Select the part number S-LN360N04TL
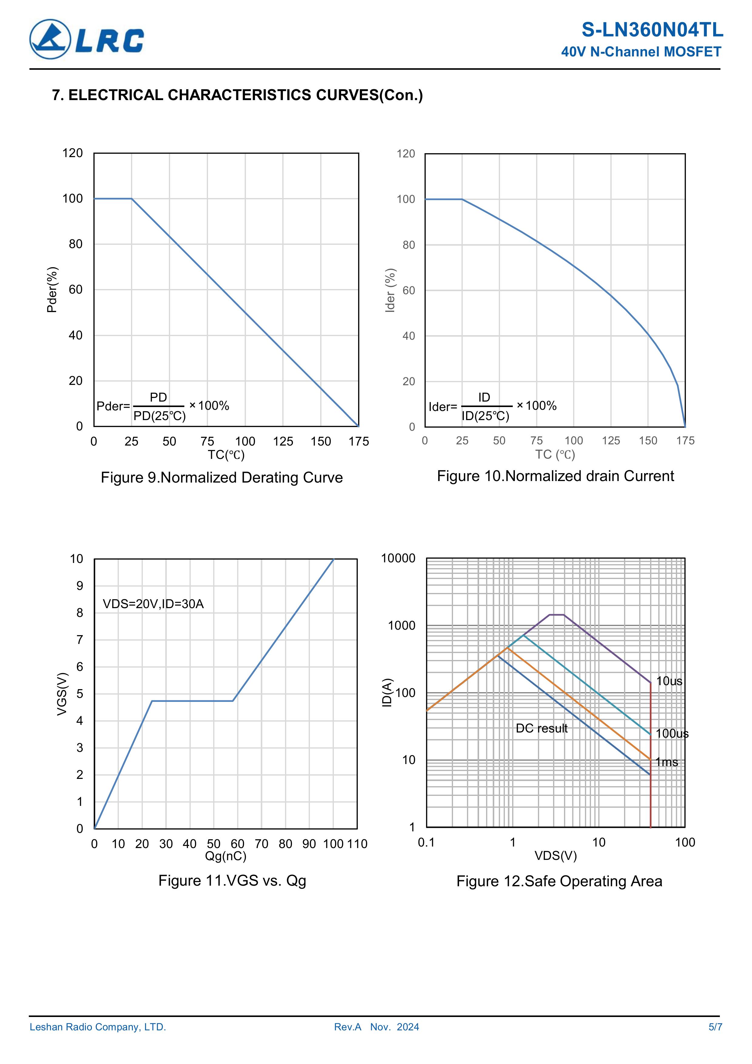click(652, 30)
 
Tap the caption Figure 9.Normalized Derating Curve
click(221, 478)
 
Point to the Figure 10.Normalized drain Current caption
click(555, 476)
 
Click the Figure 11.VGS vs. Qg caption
click(232, 880)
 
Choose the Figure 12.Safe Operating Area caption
click(559, 881)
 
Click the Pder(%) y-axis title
click(52, 290)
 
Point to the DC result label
click(541, 729)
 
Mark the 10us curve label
click(669, 681)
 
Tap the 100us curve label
click(672, 734)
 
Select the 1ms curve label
click(667, 762)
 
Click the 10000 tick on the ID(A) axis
click(398, 558)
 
